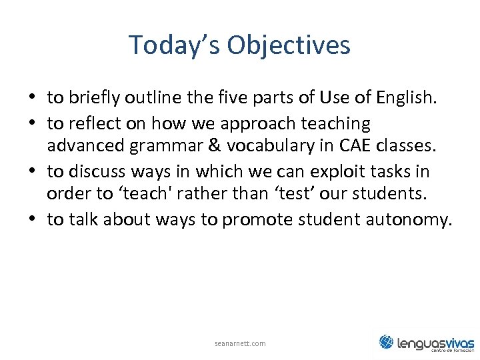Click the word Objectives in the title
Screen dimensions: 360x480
click(288, 45)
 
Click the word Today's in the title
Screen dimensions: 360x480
click(175, 45)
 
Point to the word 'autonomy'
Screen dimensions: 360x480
click(413, 219)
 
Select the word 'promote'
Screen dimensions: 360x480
click(254, 219)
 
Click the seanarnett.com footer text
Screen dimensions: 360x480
click(240, 343)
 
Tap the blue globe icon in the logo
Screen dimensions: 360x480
click(386, 342)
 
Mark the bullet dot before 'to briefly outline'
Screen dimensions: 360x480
click(32, 99)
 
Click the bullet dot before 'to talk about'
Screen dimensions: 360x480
click(32, 220)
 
